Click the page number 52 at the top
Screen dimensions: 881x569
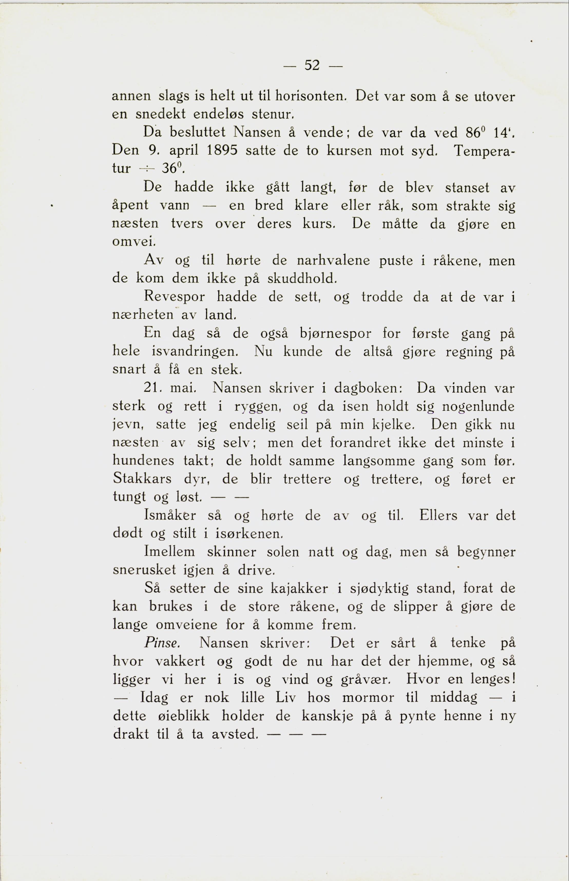(x=312, y=66)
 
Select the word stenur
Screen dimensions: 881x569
(x=272, y=114)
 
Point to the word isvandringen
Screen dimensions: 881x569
(x=195, y=351)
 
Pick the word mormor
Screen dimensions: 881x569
(x=368, y=698)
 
